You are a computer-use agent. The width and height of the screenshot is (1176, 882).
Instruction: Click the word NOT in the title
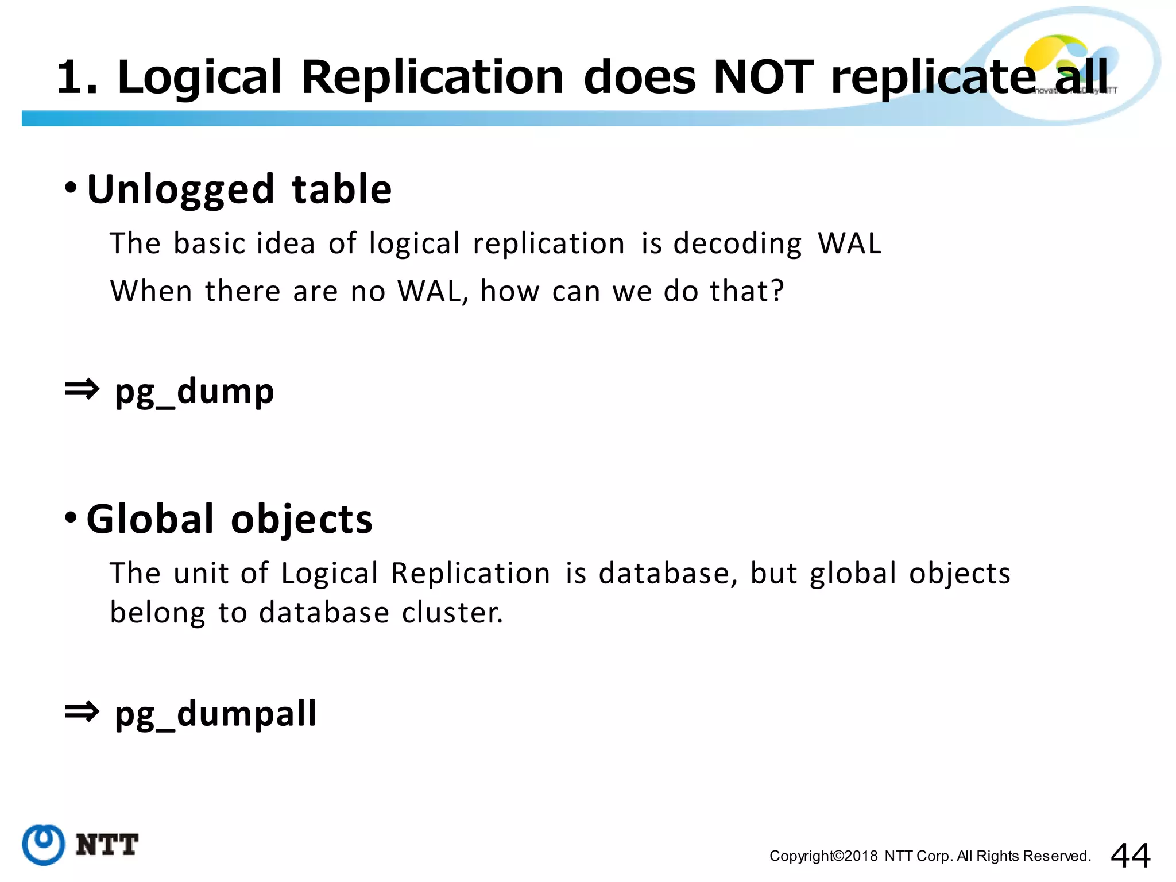point(763,77)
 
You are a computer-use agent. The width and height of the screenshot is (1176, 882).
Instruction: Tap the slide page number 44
point(1130,856)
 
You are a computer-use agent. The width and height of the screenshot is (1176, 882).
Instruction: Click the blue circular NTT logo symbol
point(43,844)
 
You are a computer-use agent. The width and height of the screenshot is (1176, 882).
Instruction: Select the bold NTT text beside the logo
point(107,845)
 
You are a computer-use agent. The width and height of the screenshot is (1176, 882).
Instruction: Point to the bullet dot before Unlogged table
point(71,187)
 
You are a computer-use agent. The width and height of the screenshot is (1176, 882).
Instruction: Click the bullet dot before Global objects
point(71,517)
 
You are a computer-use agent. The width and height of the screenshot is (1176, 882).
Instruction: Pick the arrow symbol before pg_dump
point(82,390)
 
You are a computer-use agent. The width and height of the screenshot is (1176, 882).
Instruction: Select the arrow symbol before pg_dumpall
point(82,712)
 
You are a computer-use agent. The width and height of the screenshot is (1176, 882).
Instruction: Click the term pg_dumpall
point(215,714)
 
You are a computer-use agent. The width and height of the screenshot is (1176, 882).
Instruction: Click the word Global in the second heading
point(150,519)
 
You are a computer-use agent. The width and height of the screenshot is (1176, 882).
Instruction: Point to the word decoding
point(737,243)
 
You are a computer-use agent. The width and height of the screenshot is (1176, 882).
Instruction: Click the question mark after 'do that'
point(777,291)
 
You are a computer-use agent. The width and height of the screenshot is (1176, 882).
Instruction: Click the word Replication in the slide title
point(432,77)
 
